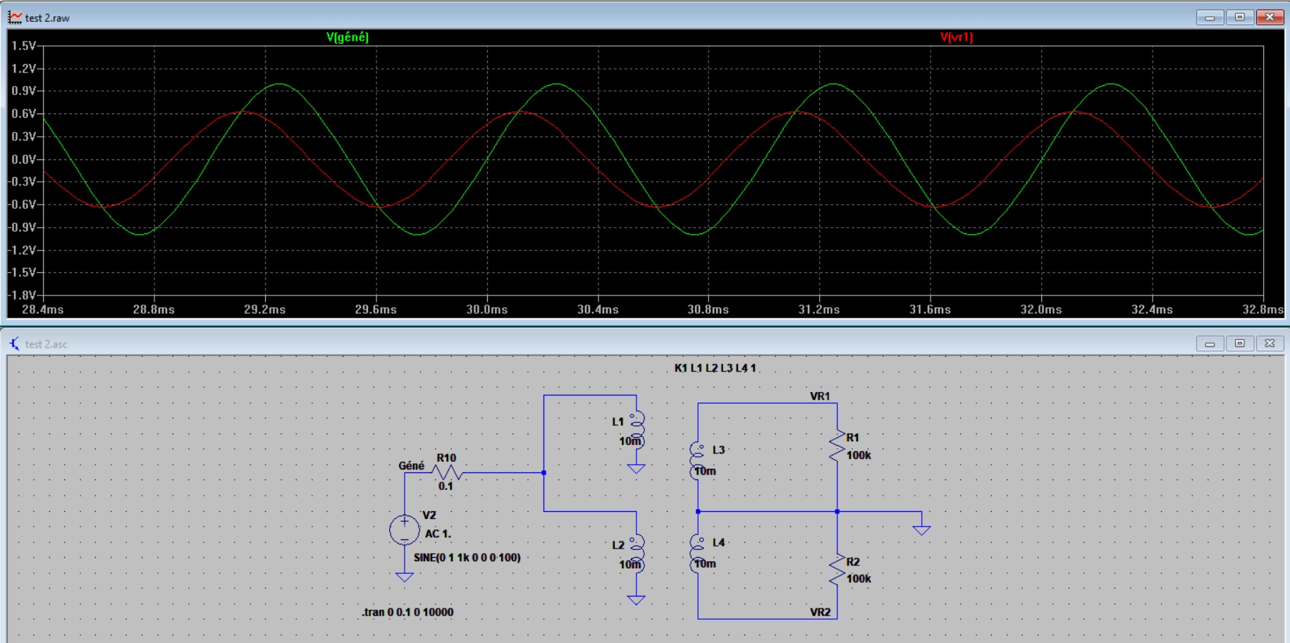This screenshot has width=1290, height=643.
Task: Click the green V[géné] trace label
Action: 348,37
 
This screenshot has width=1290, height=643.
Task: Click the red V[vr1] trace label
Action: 957,37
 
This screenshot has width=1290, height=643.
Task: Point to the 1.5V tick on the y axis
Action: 24,46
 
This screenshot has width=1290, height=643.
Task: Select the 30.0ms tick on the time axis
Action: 487,310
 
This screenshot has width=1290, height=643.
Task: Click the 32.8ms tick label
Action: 1263,310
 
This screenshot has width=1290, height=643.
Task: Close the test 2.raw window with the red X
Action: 1270,17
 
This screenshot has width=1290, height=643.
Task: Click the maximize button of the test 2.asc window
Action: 1240,343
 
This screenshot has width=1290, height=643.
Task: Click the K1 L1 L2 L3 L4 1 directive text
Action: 715,368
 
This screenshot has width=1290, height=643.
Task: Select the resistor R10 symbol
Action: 447,472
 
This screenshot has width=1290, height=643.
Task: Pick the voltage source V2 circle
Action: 405,530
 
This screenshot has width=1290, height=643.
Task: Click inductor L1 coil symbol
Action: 637,430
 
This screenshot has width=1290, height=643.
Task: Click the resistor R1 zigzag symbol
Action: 837,446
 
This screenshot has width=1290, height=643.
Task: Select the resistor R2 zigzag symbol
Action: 837,570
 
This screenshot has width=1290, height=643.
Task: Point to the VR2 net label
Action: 820,612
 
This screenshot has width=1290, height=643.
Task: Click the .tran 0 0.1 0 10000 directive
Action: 407,612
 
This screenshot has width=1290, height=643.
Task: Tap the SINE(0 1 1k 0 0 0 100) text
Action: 467,558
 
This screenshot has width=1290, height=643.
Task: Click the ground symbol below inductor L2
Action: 637,600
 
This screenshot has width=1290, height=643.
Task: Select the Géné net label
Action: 412,466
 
